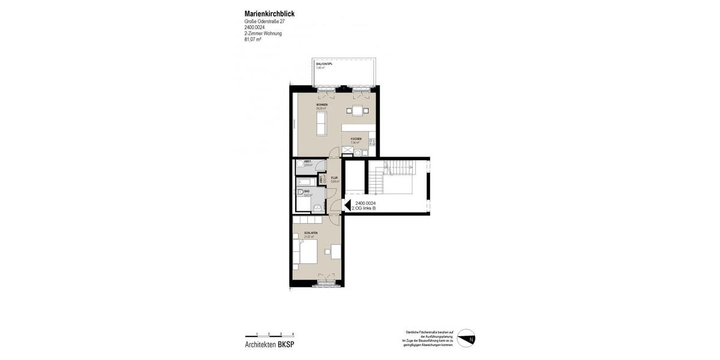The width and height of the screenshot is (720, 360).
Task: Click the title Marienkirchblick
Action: point(269,14)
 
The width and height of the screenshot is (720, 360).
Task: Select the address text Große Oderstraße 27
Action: point(265,22)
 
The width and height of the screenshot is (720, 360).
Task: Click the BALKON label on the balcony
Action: point(324,64)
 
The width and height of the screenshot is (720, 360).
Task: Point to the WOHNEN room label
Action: point(322,104)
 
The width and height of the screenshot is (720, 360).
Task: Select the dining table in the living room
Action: point(358,110)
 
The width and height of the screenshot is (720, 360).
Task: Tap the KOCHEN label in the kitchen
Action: point(356,139)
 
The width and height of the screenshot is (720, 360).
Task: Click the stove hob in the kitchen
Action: point(372,143)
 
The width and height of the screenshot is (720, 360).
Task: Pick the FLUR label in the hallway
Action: point(334,178)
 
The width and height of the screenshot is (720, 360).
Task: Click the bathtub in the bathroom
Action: point(304,181)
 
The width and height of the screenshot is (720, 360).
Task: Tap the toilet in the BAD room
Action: point(300,193)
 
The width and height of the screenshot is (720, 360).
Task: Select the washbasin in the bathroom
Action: point(317,207)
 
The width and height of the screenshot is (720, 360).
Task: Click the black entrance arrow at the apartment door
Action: point(347,205)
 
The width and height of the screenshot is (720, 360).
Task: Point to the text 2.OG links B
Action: point(364,208)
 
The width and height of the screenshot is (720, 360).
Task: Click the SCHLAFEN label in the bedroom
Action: point(311,233)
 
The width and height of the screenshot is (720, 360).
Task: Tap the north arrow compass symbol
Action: point(466,338)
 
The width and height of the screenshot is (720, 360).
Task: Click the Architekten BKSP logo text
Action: point(269,344)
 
